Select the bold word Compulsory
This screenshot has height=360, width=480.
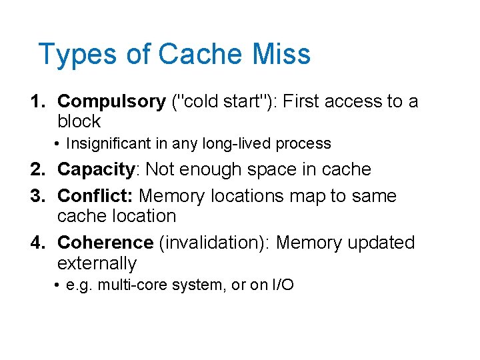pyautogui.click(x=111, y=101)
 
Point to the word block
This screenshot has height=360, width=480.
pyautogui.click(x=79, y=121)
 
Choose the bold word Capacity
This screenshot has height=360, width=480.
pyautogui.click(x=96, y=169)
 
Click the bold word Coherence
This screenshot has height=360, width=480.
pyautogui.click(x=105, y=243)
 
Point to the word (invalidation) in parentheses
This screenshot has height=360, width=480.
pyautogui.click(x=214, y=243)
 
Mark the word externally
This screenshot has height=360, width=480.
pyautogui.click(x=97, y=263)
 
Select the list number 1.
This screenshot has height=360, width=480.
pyautogui.click(x=37, y=101)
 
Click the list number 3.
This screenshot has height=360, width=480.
pyautogui.click(x=37, y=196)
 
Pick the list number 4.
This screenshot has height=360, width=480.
pyautogui.click(x=37, y=243)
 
